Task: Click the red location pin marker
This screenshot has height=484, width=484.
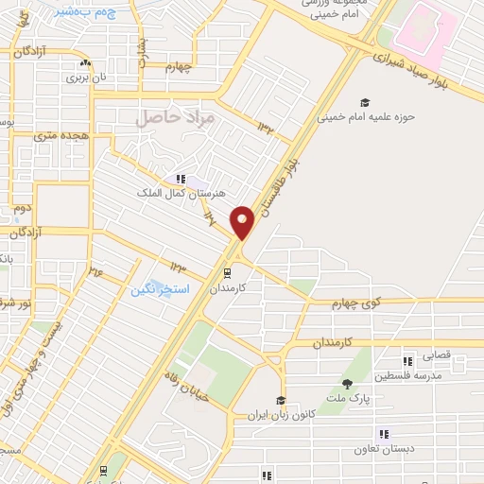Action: click(243, 221)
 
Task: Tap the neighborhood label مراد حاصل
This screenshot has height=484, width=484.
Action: click(176, 118)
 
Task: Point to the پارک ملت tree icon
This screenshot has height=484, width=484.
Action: click(347, 383)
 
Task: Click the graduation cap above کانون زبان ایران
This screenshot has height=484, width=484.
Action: click(280, 401)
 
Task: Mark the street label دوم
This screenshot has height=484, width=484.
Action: click(22, 207)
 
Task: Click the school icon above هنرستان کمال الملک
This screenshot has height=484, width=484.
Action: click(179, 179)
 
